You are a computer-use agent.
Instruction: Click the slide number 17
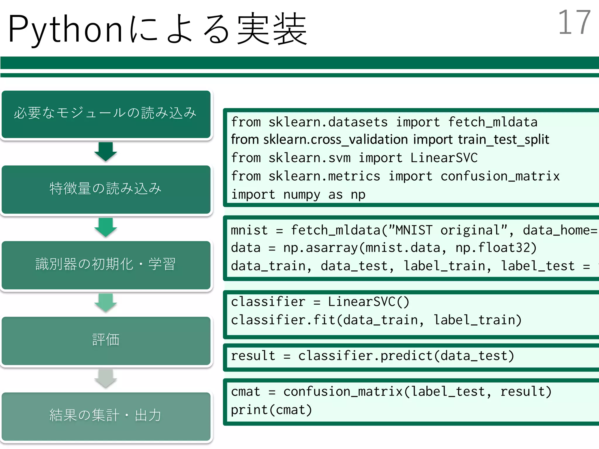click(574, 23)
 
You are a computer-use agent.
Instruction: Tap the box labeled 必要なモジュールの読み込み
click(106, 114)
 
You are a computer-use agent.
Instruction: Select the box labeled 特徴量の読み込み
click(106, 189)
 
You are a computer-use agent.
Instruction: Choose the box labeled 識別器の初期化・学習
click(106, 265)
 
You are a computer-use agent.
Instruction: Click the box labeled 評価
click(106, 340)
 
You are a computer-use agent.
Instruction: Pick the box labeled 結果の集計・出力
click(106, 416)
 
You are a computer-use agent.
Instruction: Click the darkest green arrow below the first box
click(106, 151)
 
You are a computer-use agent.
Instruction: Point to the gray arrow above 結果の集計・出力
click(106, 378)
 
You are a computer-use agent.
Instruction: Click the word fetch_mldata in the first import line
click(493, 122)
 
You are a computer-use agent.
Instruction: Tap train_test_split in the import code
click(503, 140)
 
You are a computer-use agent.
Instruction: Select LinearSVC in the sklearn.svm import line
click(444, 158)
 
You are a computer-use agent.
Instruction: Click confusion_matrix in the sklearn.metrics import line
click(500, 176)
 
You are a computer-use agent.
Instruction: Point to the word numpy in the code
click(302, 195)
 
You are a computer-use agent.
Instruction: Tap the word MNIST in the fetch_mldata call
click(414, 230)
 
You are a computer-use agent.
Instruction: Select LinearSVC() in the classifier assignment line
click(368, 302)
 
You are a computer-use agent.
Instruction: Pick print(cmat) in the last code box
click(271, 410)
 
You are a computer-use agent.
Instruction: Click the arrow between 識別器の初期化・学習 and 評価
click(106, 303)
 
